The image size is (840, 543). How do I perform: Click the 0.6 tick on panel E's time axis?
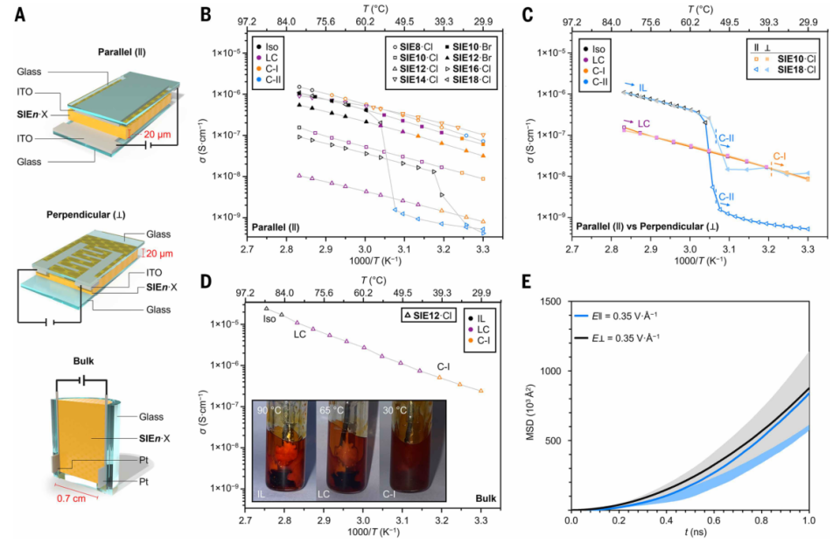point(714,521)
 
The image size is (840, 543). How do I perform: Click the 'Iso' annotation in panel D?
point(270,319)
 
